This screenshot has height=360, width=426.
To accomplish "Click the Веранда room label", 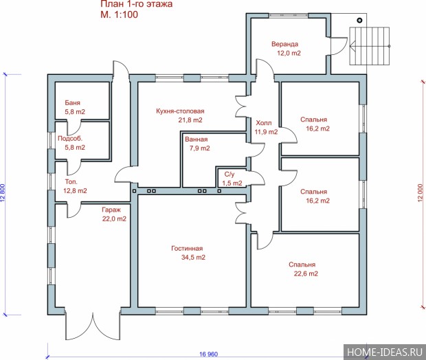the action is click(x=284, y=44).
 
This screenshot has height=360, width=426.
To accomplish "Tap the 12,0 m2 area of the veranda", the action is click(x=289, y=53).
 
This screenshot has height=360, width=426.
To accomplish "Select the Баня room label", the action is click(x=73, y=102).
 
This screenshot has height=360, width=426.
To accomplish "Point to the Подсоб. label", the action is click(x=70, y=139).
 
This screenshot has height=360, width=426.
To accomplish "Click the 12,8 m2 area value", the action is click(x=75, y=191).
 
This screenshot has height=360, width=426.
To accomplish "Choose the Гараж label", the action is click(x=111, y=210).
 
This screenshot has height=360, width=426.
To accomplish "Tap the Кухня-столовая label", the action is click(x=180, y=111).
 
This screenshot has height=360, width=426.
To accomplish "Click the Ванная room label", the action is click(x=196, y=139).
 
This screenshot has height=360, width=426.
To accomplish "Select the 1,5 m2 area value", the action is click(x=232, y=183).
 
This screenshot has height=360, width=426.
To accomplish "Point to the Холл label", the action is click(x=264, y=123).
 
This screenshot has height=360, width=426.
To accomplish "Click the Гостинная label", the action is click(x=187, y=248).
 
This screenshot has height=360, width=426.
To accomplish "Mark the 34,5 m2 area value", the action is click(x=193, y=258).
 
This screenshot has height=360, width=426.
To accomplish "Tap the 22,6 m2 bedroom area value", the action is click(x=306, y=273).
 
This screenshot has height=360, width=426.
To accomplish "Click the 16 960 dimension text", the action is click(x=209, y=355).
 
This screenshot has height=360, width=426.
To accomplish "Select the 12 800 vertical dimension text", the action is click(x=3, y=193).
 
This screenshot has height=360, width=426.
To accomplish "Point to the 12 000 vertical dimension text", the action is click(x=421, y=193).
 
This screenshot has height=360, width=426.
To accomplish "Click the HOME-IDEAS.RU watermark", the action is click(x=385, y=352).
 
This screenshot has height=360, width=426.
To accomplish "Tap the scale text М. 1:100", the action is click(x=120, y=14).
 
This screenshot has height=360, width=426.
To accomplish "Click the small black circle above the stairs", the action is click(x=360, y=20).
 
